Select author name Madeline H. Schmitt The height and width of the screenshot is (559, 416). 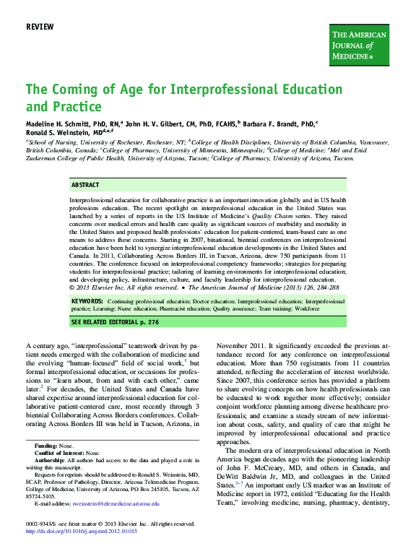[x=59, y=123]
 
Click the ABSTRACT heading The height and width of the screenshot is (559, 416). [x=86, y=185]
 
